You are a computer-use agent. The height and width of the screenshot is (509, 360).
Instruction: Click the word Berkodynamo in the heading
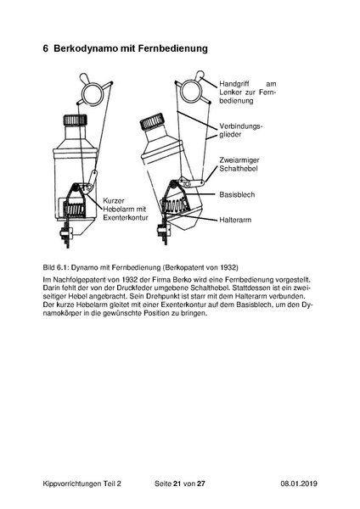click(86, 48)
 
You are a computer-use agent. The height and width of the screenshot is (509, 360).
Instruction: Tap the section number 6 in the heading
click(46, 48)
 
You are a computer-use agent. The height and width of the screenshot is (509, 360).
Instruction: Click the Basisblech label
click(237, 195)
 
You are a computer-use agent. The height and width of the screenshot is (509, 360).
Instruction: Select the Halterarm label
click(235, 220)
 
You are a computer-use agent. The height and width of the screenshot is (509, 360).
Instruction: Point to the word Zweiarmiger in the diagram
click(239, 160)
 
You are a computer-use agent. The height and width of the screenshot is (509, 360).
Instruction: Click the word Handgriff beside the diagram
click(234, 84)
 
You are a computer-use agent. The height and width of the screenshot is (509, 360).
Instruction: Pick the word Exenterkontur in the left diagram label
click(126, 217)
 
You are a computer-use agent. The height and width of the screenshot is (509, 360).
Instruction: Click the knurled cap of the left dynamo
click(75, 120)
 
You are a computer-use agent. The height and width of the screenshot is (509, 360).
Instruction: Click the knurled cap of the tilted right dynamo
click(151, 122)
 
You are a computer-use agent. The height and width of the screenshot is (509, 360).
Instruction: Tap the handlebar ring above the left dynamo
click(93, 92)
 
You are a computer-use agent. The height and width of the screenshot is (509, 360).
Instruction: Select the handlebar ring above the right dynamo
click(191, 90)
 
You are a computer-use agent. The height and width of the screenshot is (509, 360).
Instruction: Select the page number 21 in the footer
click(177, 484)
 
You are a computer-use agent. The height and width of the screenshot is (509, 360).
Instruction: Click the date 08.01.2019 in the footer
click(299, 484)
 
